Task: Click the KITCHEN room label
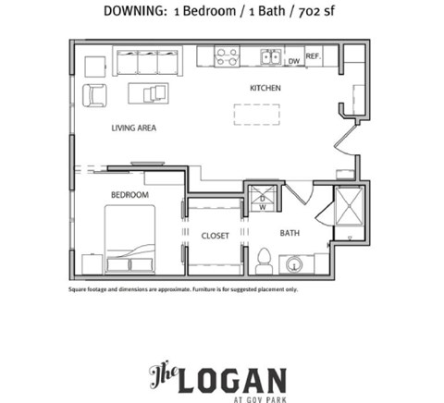(x=265, y=88)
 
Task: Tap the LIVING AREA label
(x=133, y=128)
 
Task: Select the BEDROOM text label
(x=129, y=194)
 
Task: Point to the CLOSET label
(x=216, y=236)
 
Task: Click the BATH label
(x=290, y=233)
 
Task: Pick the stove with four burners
(x=228, y=57)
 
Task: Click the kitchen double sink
(x=271, y=57)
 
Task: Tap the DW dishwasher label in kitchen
(x=293, y=61)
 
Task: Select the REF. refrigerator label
(x=314, y=57)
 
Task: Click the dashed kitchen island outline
(x=256, y=114)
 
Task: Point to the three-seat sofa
(x=147, y=62)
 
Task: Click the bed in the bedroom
(x=129, y=238)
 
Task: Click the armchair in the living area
(x=94, y=94)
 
